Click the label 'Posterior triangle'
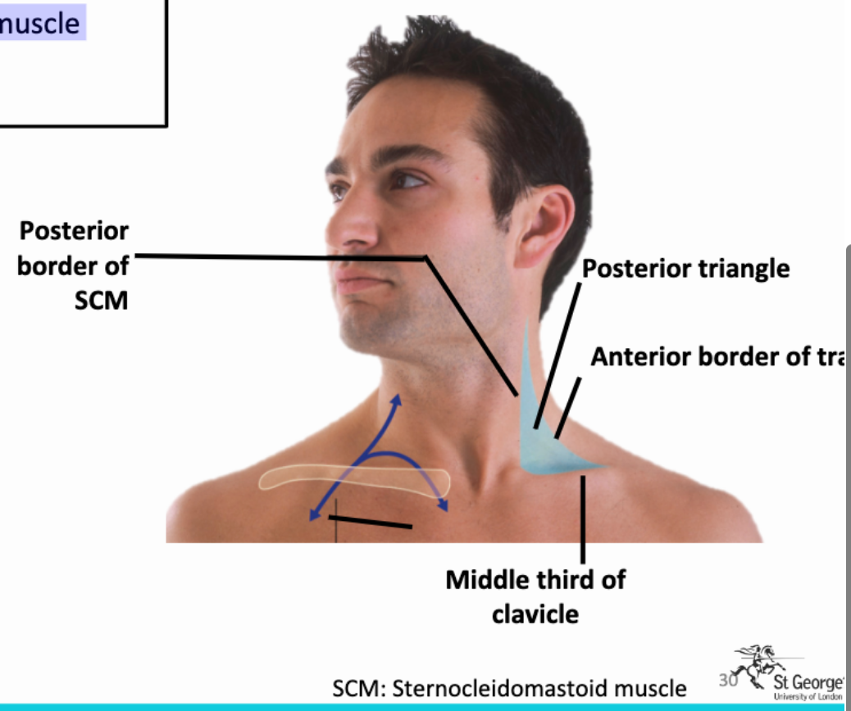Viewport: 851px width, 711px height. pyautogui.click(x=685, y=268)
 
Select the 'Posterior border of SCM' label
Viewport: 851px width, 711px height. pyautogui.click(x=74, y=265)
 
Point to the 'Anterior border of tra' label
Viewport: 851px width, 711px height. pyautogui.click(x=717, y=357)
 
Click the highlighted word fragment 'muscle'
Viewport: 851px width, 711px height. pyautogui.click(x=40, y=22)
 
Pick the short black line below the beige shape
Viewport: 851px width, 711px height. pyautogui.click(x=371, y=521)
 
